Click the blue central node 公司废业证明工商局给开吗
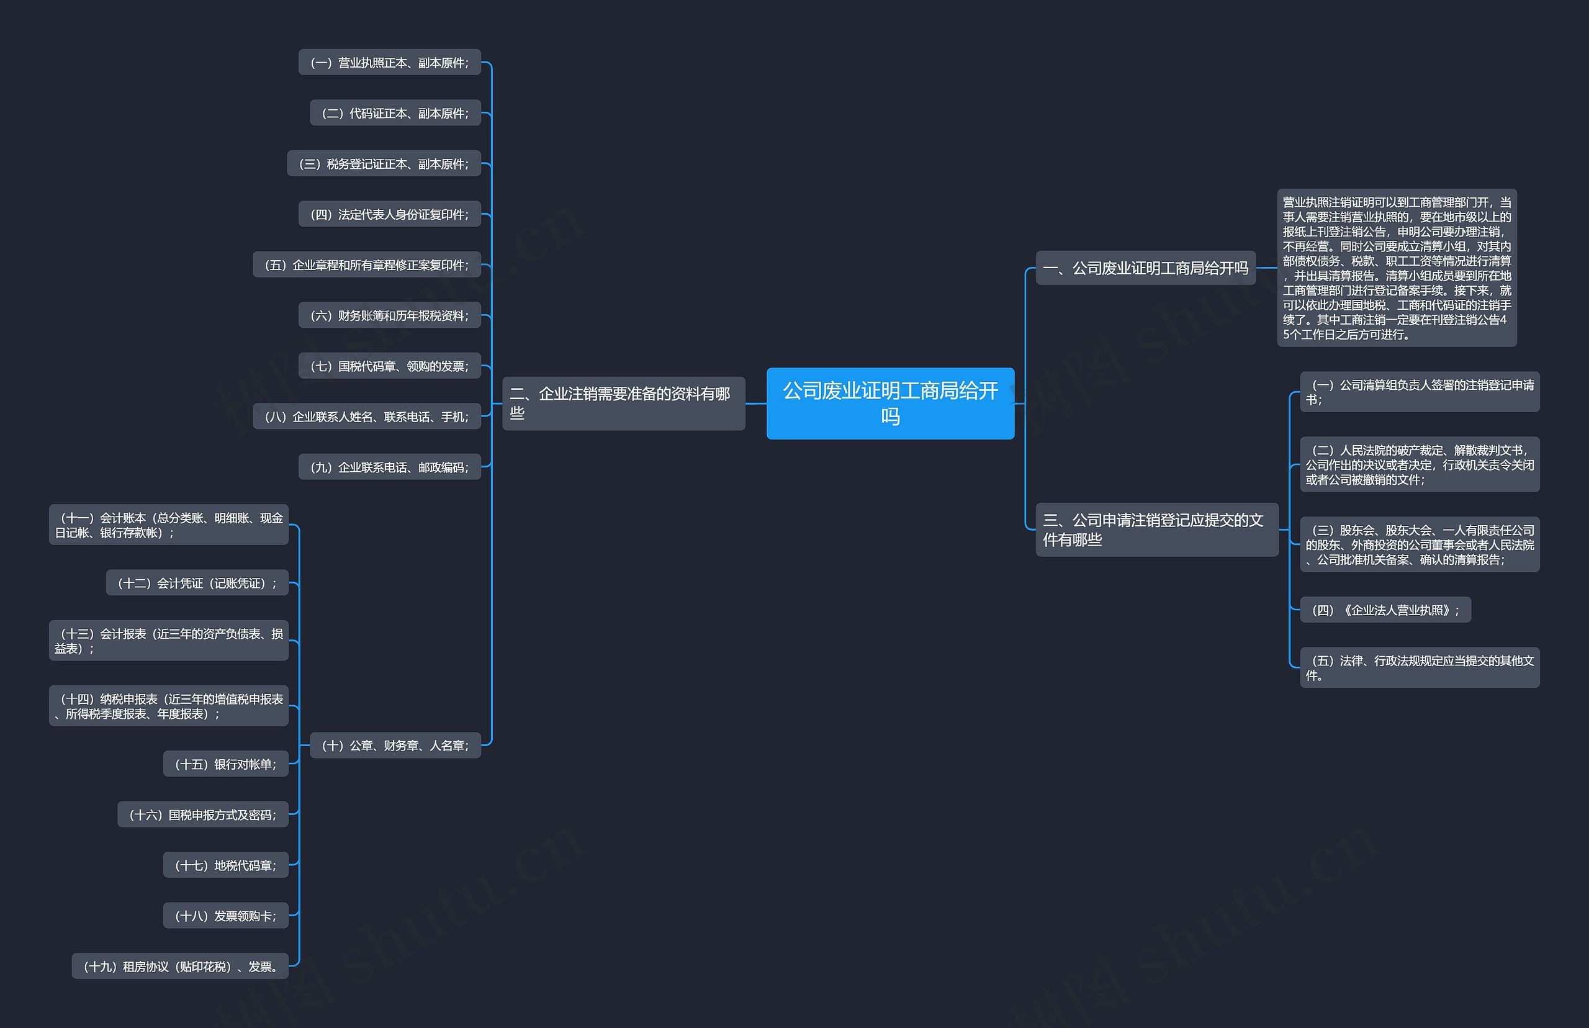tap(889, 403)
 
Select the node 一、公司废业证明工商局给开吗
tap(1145, 268)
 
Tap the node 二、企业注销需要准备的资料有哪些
tap(623, 403)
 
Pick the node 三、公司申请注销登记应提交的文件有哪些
tap(1156, 530)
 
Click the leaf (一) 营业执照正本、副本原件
tap(390, 63)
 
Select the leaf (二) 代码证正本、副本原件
tap(395, 114)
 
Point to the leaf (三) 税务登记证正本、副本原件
tap(384, 163)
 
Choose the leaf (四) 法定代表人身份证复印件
tap(390, 214)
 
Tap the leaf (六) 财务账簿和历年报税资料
tap(390, 316)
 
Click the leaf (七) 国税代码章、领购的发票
tap(390, 366)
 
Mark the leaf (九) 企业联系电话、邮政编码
tap(390, 467)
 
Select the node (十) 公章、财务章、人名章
tap(395, 746)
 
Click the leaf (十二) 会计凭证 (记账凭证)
tap(197, 583)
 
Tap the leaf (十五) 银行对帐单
tap(225, 764)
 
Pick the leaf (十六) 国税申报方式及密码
tap(203, 815)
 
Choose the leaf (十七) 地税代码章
tap(225, 865)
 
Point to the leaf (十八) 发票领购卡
tap(225, 916)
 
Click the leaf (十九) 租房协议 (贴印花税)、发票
tap(180, 967)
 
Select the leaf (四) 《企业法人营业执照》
tap(1385, 610)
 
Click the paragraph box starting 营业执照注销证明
tap(1396, 268)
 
